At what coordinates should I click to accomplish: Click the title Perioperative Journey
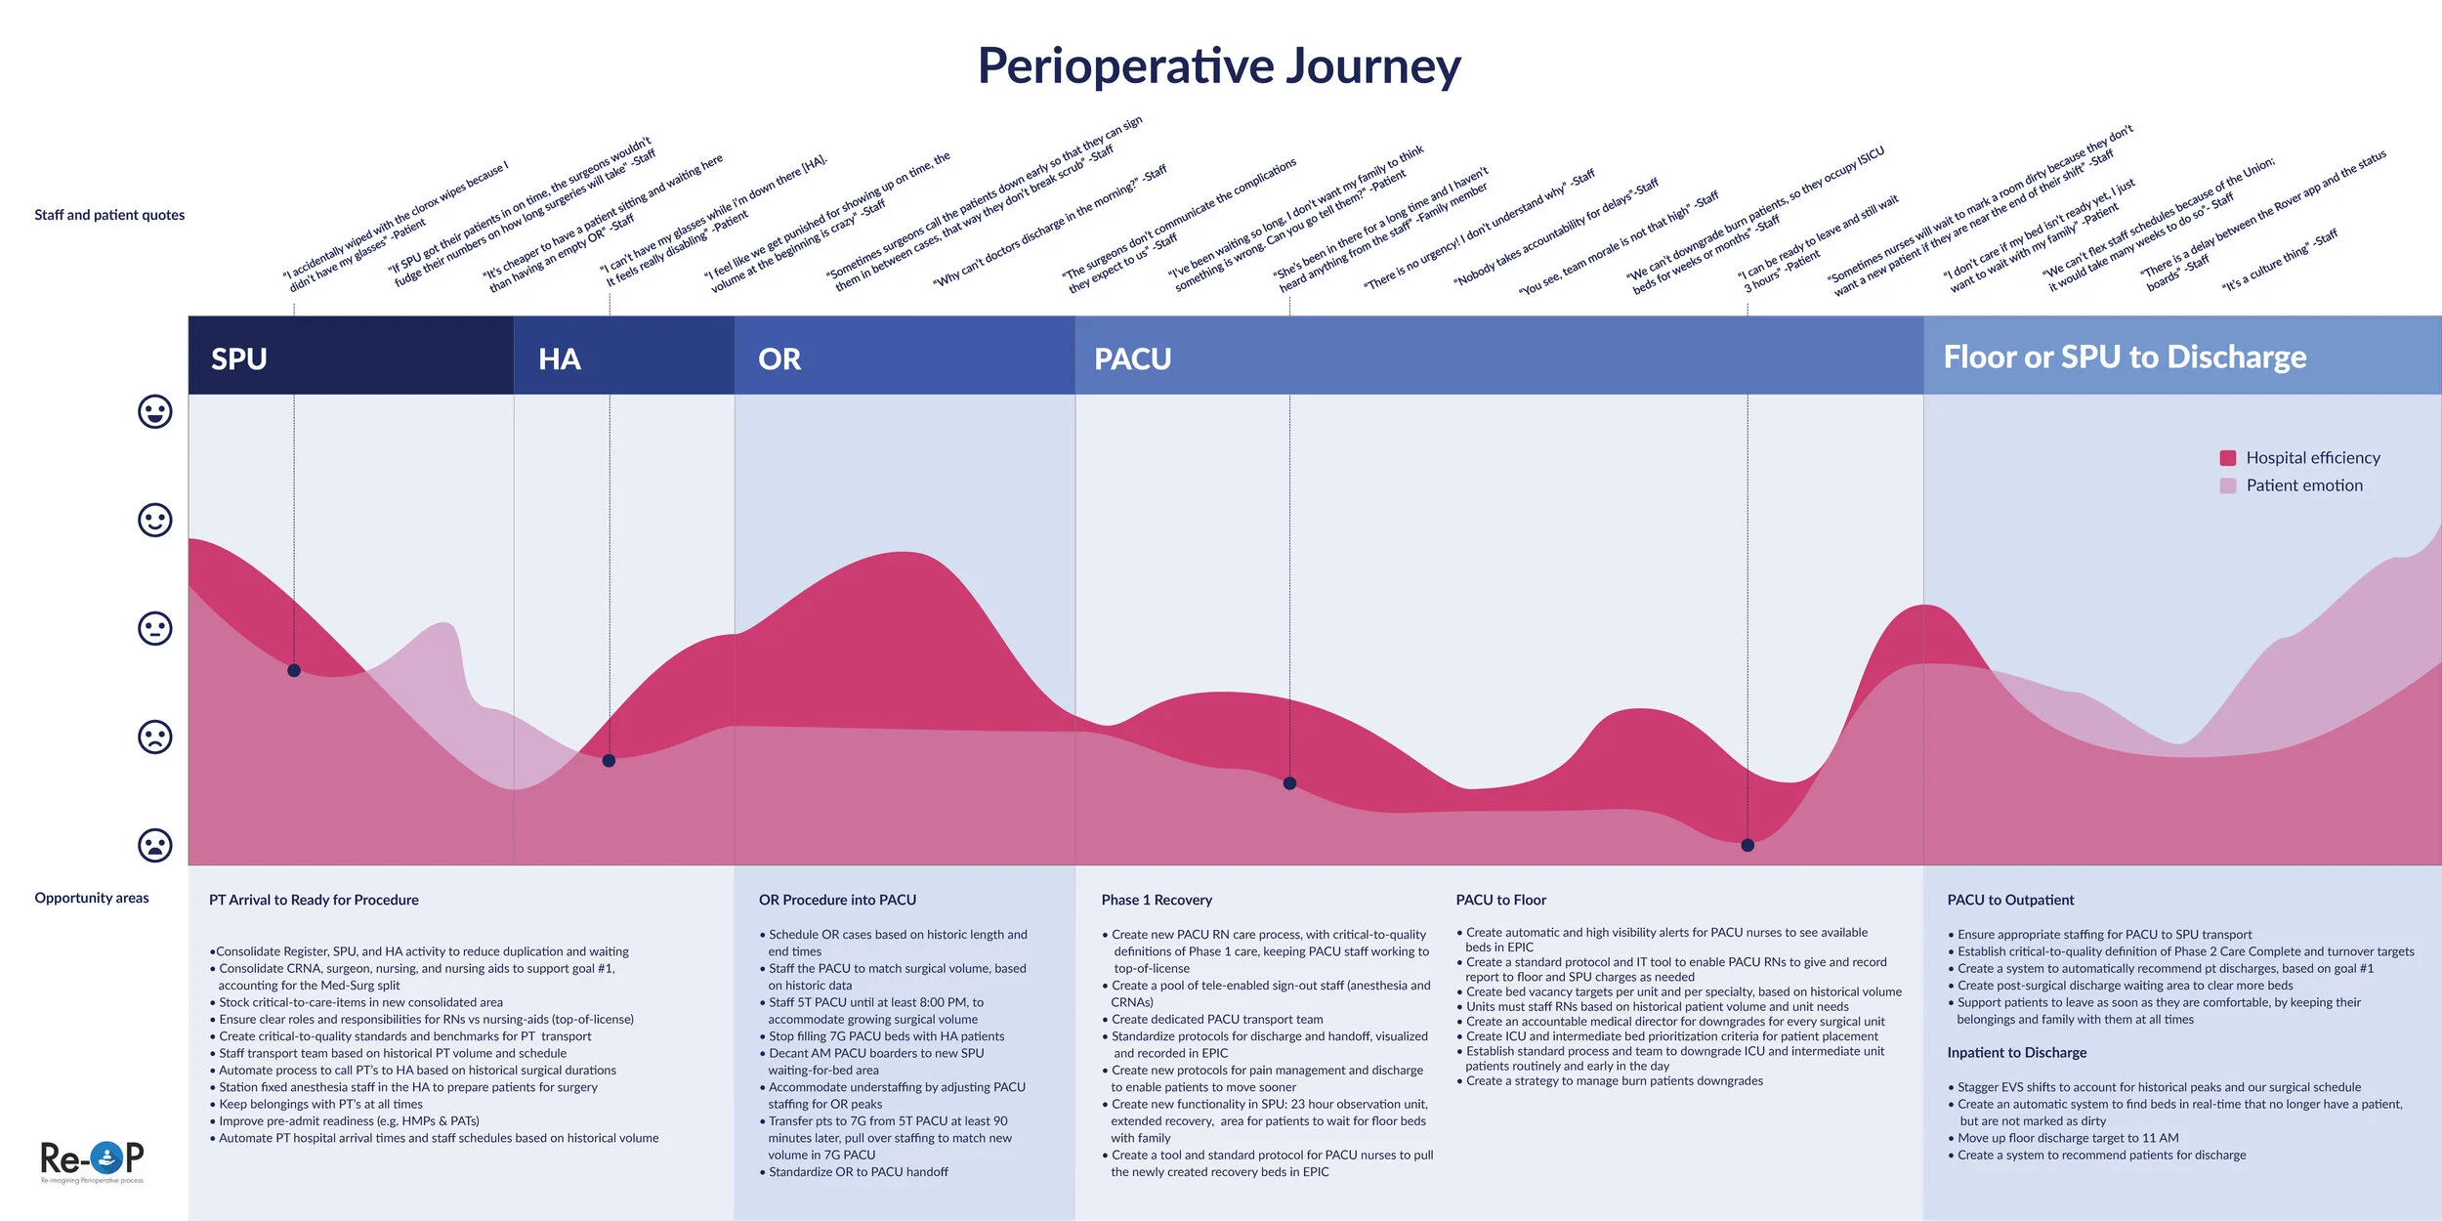pos(1219,66)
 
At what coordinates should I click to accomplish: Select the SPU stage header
pos(239,358)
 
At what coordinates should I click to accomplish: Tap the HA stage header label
pos(560,358)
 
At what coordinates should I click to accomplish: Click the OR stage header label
pos(779,358)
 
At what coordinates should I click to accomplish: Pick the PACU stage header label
pos(1132,358)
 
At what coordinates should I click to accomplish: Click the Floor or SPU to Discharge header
pos(2125,357)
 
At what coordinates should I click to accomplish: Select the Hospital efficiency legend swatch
pos(2228,458)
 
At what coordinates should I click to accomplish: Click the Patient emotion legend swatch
pos(2228,485)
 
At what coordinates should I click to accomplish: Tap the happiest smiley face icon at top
pos(154,411)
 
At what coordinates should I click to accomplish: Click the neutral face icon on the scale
pos(154,628)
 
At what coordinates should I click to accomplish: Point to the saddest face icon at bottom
pos(154,845)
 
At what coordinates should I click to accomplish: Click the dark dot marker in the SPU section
pos(294,670)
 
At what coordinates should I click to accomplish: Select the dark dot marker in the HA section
pos(609,761)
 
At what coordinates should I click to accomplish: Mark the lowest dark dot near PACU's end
pos(1747,845)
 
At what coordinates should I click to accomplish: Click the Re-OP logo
pos(92,1159)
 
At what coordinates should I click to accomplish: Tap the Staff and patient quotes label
pos(109,215)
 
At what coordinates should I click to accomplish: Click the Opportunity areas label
pos(92,898)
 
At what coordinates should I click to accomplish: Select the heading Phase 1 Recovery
pos(1157,900)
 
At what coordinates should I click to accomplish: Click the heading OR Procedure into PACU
pos(837,900)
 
